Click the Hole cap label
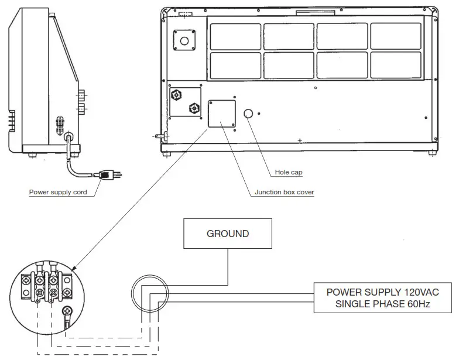(288, 173)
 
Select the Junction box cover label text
(285, 192)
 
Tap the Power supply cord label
(62, 192)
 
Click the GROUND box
(228, 234)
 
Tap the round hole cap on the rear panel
(248, 113)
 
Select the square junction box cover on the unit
(221, 114)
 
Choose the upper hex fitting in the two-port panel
(175, 94)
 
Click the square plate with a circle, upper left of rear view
(184, 40)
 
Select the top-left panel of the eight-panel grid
(235, 36)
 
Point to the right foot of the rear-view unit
(431, 153)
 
